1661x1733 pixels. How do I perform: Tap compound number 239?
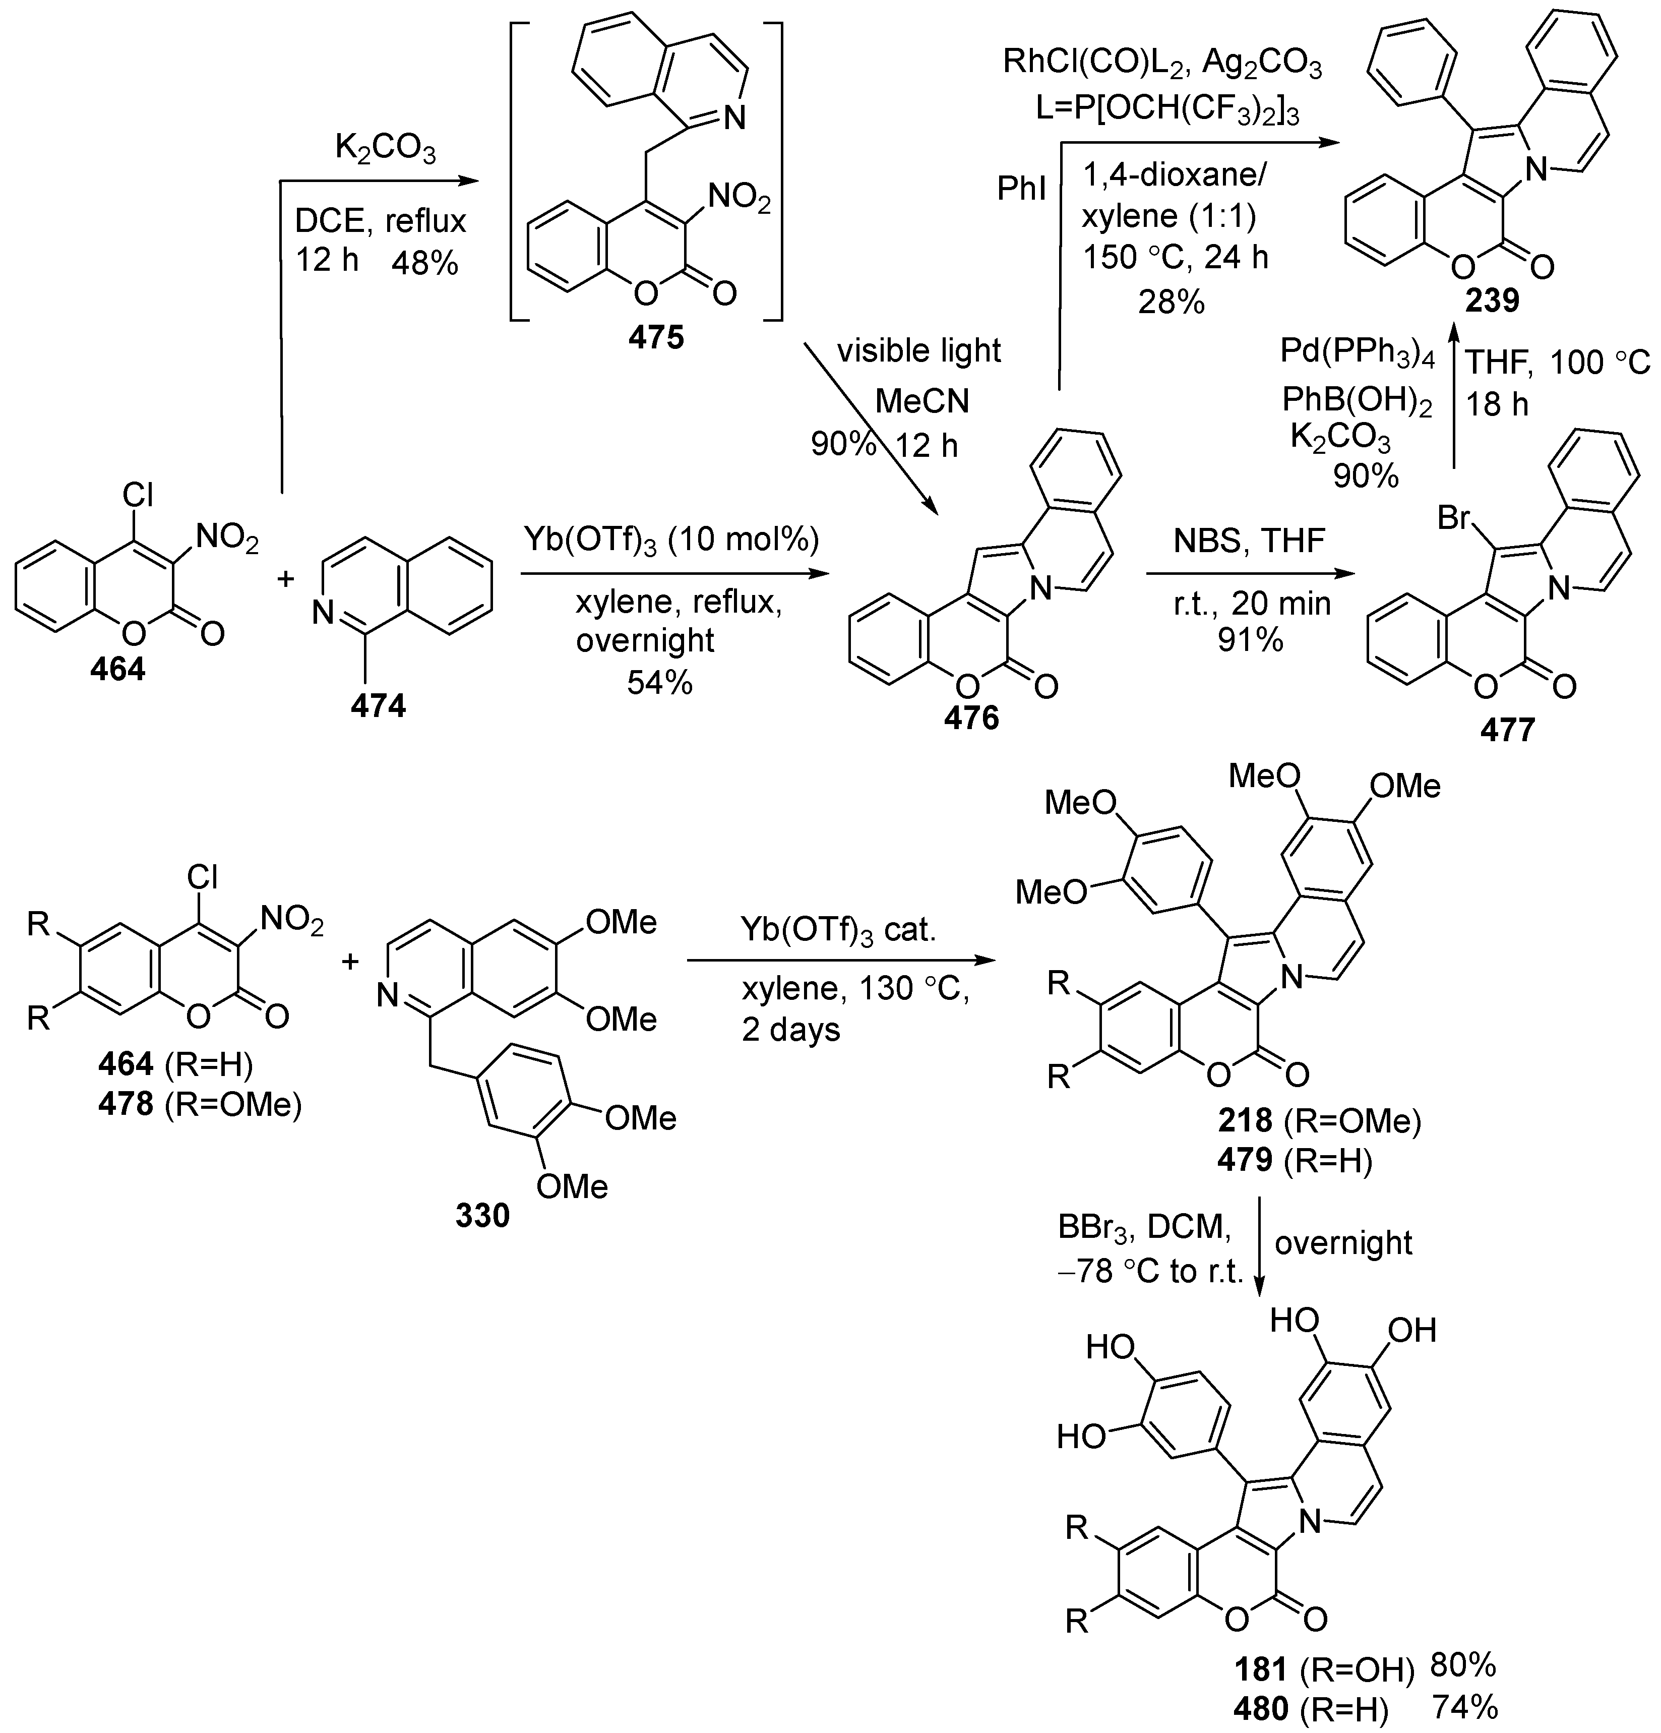(x=1492, y=301)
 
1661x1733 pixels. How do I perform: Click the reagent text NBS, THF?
(x=1249, y=540)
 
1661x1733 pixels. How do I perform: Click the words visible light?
(x=919, y=351)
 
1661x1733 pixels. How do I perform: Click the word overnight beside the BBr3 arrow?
(x=1343, y=1242)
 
